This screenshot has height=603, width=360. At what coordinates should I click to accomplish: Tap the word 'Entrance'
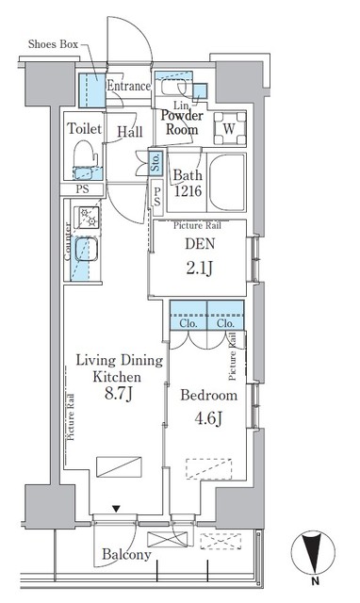[x=128, y=87]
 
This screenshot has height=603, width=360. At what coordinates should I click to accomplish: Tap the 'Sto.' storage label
[x=155, y=163]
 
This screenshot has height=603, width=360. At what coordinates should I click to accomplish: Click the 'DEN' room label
[x=200, y=246]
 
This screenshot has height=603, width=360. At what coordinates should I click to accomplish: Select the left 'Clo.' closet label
[x=187, y=323]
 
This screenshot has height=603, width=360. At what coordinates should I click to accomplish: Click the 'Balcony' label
[x=126, y=555]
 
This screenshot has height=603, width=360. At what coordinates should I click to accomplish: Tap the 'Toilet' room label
[x=83, y=128]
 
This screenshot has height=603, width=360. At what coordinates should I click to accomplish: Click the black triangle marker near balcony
[x=116, y=510]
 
